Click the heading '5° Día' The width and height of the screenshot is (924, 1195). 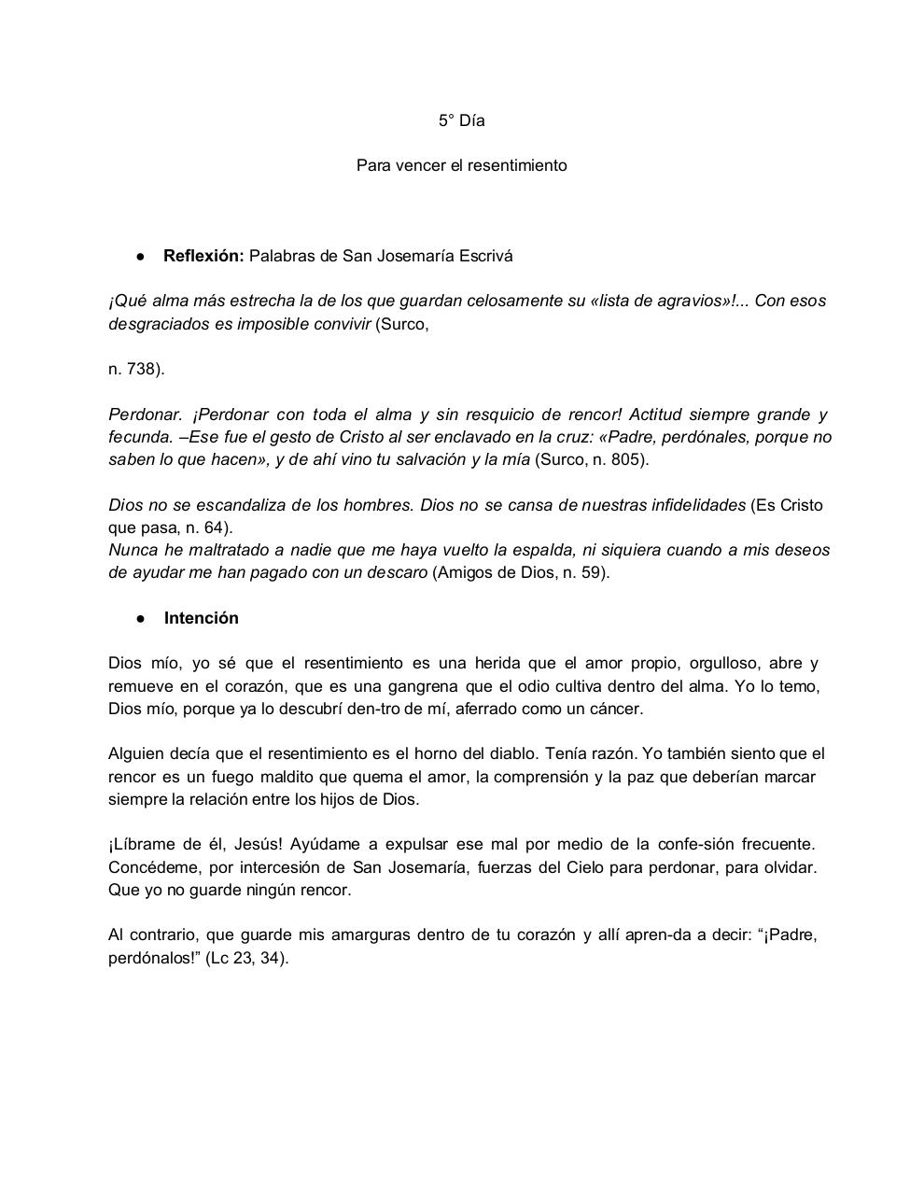pyautogui.click(x=461, y=120)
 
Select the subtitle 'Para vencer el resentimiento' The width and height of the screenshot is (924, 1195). pyautogui.click(x=461, y=165)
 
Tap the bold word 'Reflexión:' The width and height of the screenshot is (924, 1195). pyautogui.click(x=203, y=256)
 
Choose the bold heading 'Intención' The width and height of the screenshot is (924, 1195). pyautogui.click(x=201, y=618)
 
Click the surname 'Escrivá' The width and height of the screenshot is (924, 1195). pyautogui.click(x=483, y=256)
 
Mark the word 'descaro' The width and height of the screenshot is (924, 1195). pyautogui.click(x=397, y=572)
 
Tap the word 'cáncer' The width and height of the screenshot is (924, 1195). pyautogui.click(x=615, y=709)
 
